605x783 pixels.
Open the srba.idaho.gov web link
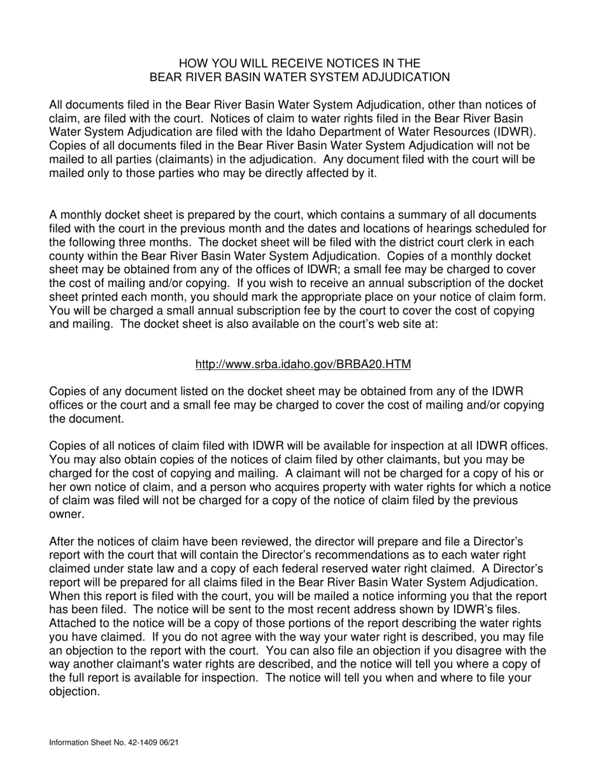(x=302, y=364)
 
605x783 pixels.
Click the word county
(x=67, y=256)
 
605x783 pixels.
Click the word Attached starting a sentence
(x=72, y=623)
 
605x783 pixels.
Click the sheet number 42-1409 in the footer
(x=137, y=742)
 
